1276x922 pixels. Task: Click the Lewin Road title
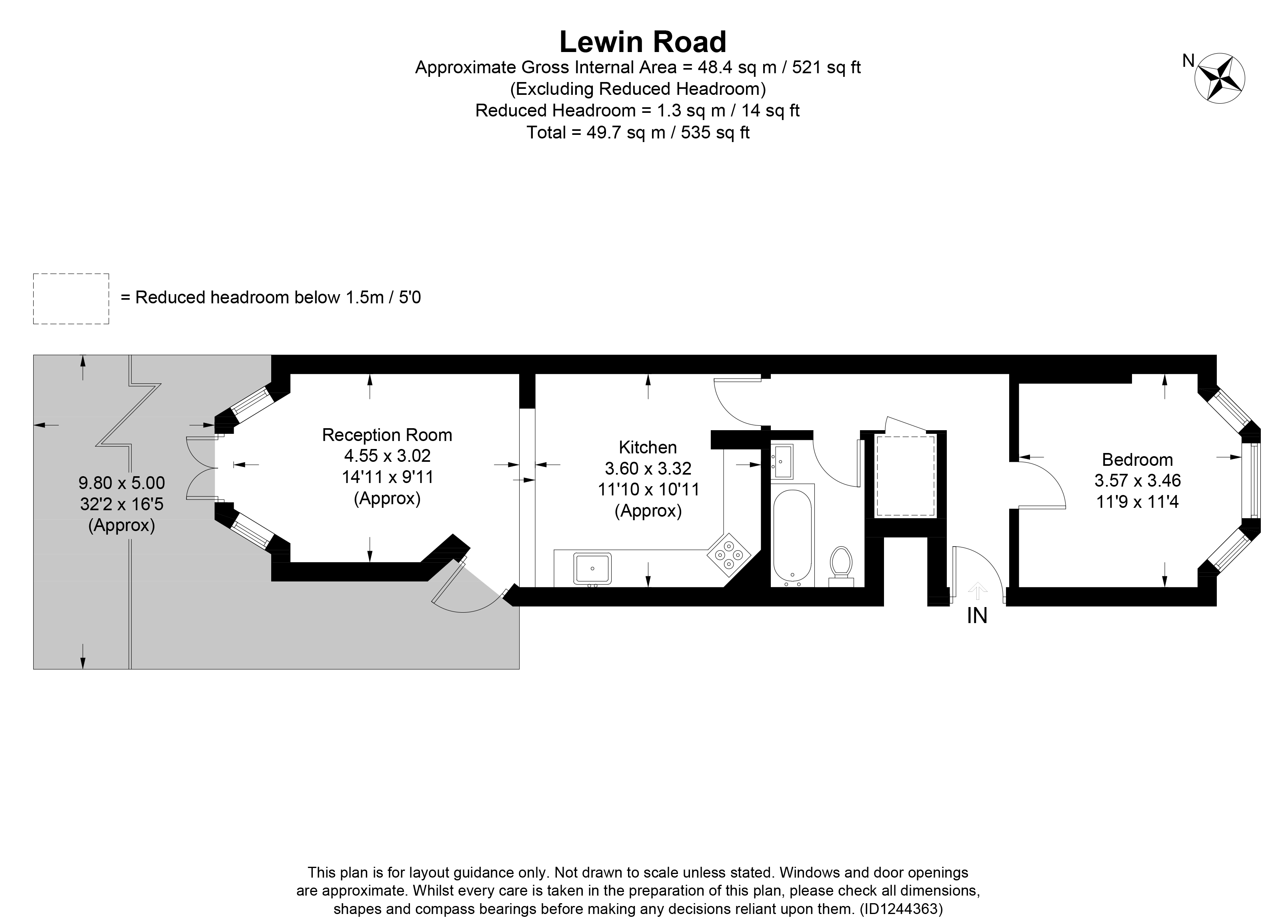pyautogui.click(x=642, y=42)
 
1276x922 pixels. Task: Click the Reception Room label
pyautogui.click(x=387, y=435)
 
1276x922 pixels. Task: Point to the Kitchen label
pyautogui.click(x=648, y=447)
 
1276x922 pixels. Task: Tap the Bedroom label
pyautogui.click(x=1137, y=460)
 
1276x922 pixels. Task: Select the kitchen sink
pyautogui.click(x=592, y=569)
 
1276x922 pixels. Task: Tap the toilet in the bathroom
pyautogui.click(x=841, y=562)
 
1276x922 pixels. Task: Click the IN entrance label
pyautogui.click(x=977, y=616)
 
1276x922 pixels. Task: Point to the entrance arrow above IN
pyautogui.click(x=977, y=591)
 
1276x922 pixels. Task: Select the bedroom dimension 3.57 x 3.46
pyautogui.click(x=1137, y=481)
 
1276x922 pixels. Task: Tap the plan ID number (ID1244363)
pyautogui.click(x=901, y=908)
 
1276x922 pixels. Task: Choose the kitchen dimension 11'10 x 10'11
pyautogui.click(x=648, y=489)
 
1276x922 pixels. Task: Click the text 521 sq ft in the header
pyautogui.click(x=826, y=68)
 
